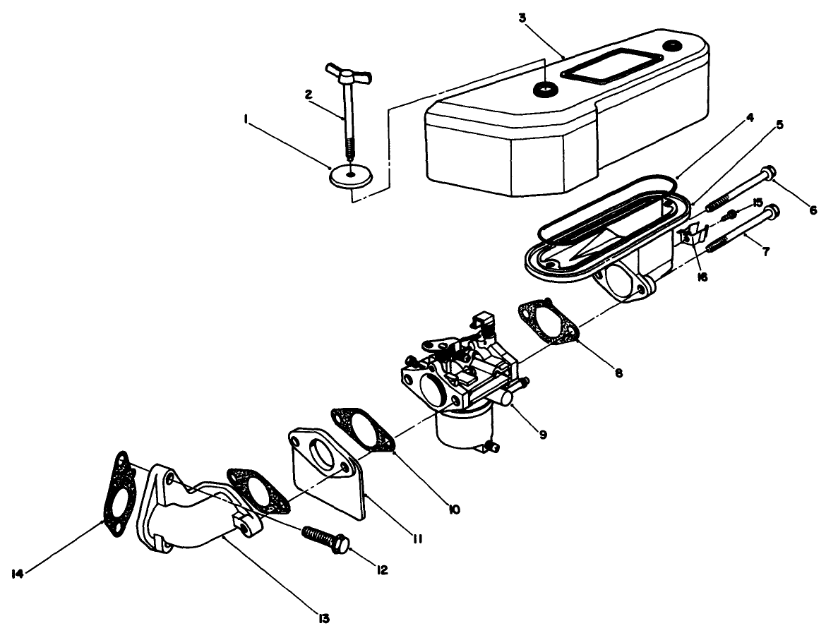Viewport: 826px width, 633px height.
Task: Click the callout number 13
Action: (x=323, y=619)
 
